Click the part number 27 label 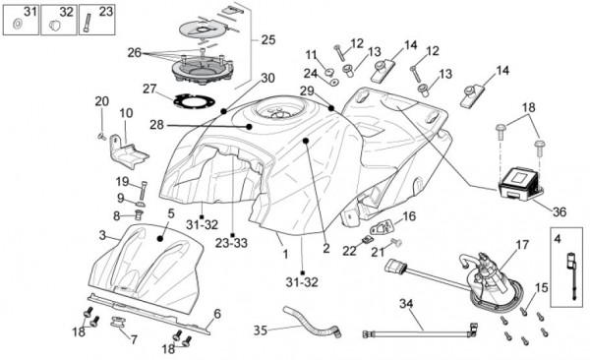coord(149,90)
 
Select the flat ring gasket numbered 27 coord(194,101)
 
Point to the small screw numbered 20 coord(101,137)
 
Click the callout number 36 coord(560,212)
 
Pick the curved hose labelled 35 coord(313,323)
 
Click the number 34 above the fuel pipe coord(406,304)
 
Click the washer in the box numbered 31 coord(17,25)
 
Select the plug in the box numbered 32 coord(55,26)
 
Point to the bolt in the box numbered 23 coord(88,23)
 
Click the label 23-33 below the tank coord(231,243)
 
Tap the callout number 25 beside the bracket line coord(268,39)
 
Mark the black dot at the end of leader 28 coord(249,127)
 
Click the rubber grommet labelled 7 coord(118,322)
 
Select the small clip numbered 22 coord(367,239)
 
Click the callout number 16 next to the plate coord(409,216)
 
